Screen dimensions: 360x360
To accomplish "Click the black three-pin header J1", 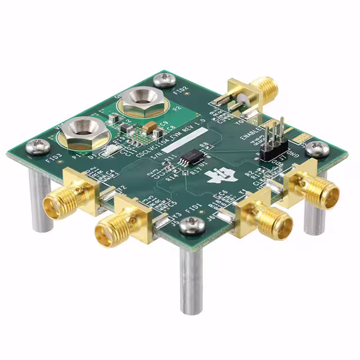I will pyautogui.click(x=273, y=143).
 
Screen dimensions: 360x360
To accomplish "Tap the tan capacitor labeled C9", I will pyautogui.click(x=150, y=129).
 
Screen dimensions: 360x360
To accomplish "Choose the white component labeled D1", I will pyautogui.click(x=110, y=150).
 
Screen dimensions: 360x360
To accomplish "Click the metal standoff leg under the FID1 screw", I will pyautogui.click(x=191, y=281).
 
